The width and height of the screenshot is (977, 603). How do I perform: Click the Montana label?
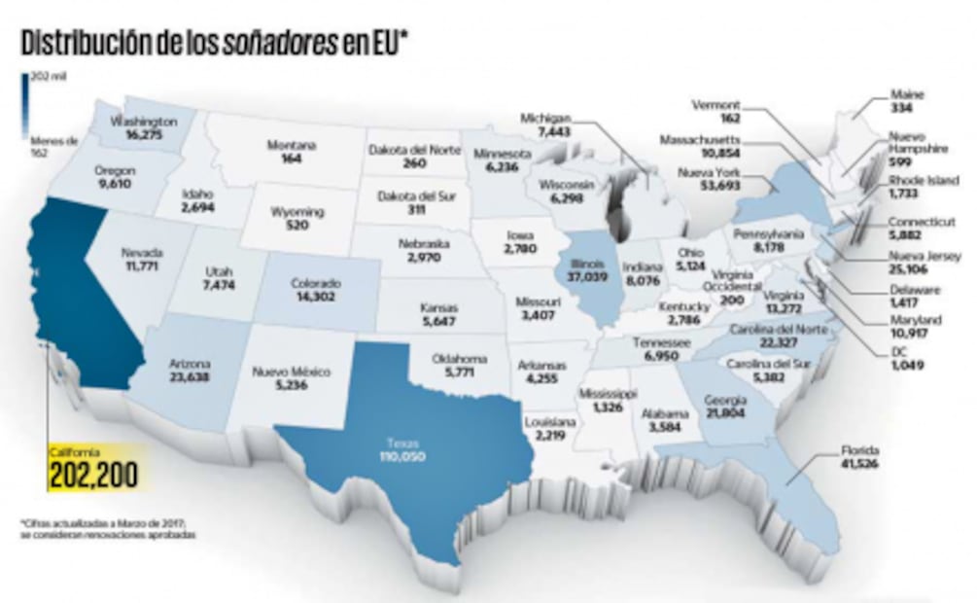click(x=291, y=145)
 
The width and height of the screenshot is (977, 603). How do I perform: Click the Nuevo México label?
click(x=292, y=372)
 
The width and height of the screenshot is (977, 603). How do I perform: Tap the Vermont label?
click(x=716, y=104)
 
